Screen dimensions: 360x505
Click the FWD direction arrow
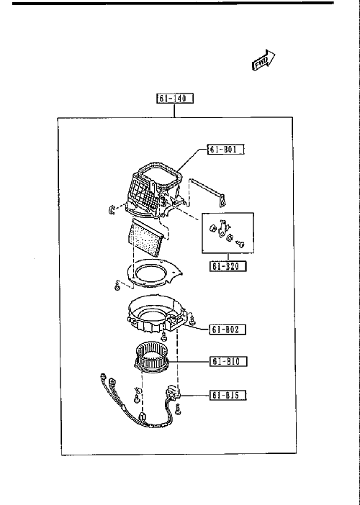pyautogui.click(x=263, y=60)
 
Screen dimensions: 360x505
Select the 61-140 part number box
pyautogui.click(x=175, y=99)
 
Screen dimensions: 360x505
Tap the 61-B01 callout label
pyautogui.click(x=226, y=150)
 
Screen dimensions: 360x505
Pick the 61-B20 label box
pyautogui.click(x=228, y=266)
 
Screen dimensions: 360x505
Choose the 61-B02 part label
pyautogui.click(x=228, y=329)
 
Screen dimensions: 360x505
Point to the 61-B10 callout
pyautogui.click(x=229, y=361)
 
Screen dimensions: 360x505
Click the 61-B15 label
pyautogui.click(x=228, y=395)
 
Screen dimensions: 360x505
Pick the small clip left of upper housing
pyautogui.click(x=111, y=209)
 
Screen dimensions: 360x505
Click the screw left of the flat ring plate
pyautogui.click(x=117, y=286)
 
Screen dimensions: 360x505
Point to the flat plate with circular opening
pyautogui.click(x=153, y=273)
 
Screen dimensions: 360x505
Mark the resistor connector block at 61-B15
pyautogui.click(x=174, y=393)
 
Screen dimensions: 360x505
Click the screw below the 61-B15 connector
pyautogui.click(x=178, y=410)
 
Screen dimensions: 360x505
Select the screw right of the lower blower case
pyautogui.click(x=193, y=320)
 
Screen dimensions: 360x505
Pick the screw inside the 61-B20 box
pyautogui.click(x=240, y=245)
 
